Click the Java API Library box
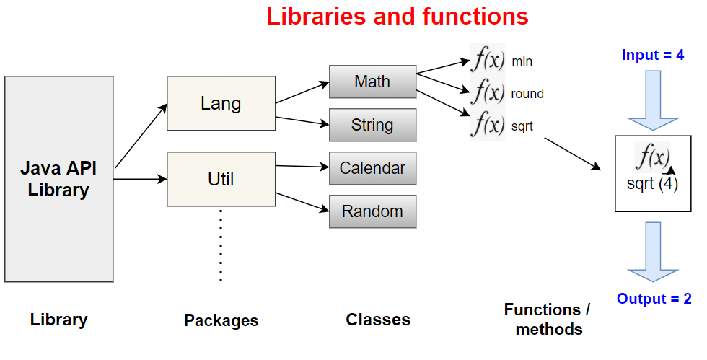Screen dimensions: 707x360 point(58,179)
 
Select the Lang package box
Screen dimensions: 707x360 point(221,103)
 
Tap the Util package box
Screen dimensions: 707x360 point(221,179)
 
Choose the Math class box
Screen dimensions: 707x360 point(372,82)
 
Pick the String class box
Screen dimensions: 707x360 point(372,125)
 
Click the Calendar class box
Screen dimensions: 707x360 point(372,168)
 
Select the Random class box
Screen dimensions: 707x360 point(372,211)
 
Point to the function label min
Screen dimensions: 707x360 point(522,61)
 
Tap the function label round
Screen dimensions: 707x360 point(527,94)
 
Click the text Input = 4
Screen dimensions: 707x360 point(653,55)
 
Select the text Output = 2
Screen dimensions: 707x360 point(654,299)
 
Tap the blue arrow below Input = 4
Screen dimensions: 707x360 point(653,100)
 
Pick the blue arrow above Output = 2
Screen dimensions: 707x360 point(653,252)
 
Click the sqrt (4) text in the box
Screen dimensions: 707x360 point(652,184)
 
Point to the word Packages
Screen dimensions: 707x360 point(221,320)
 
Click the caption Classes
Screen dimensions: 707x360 point(378,320)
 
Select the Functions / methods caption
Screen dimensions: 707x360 point(548,320)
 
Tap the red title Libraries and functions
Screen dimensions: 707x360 point(398,17)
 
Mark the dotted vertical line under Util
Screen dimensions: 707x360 point(221,246)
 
